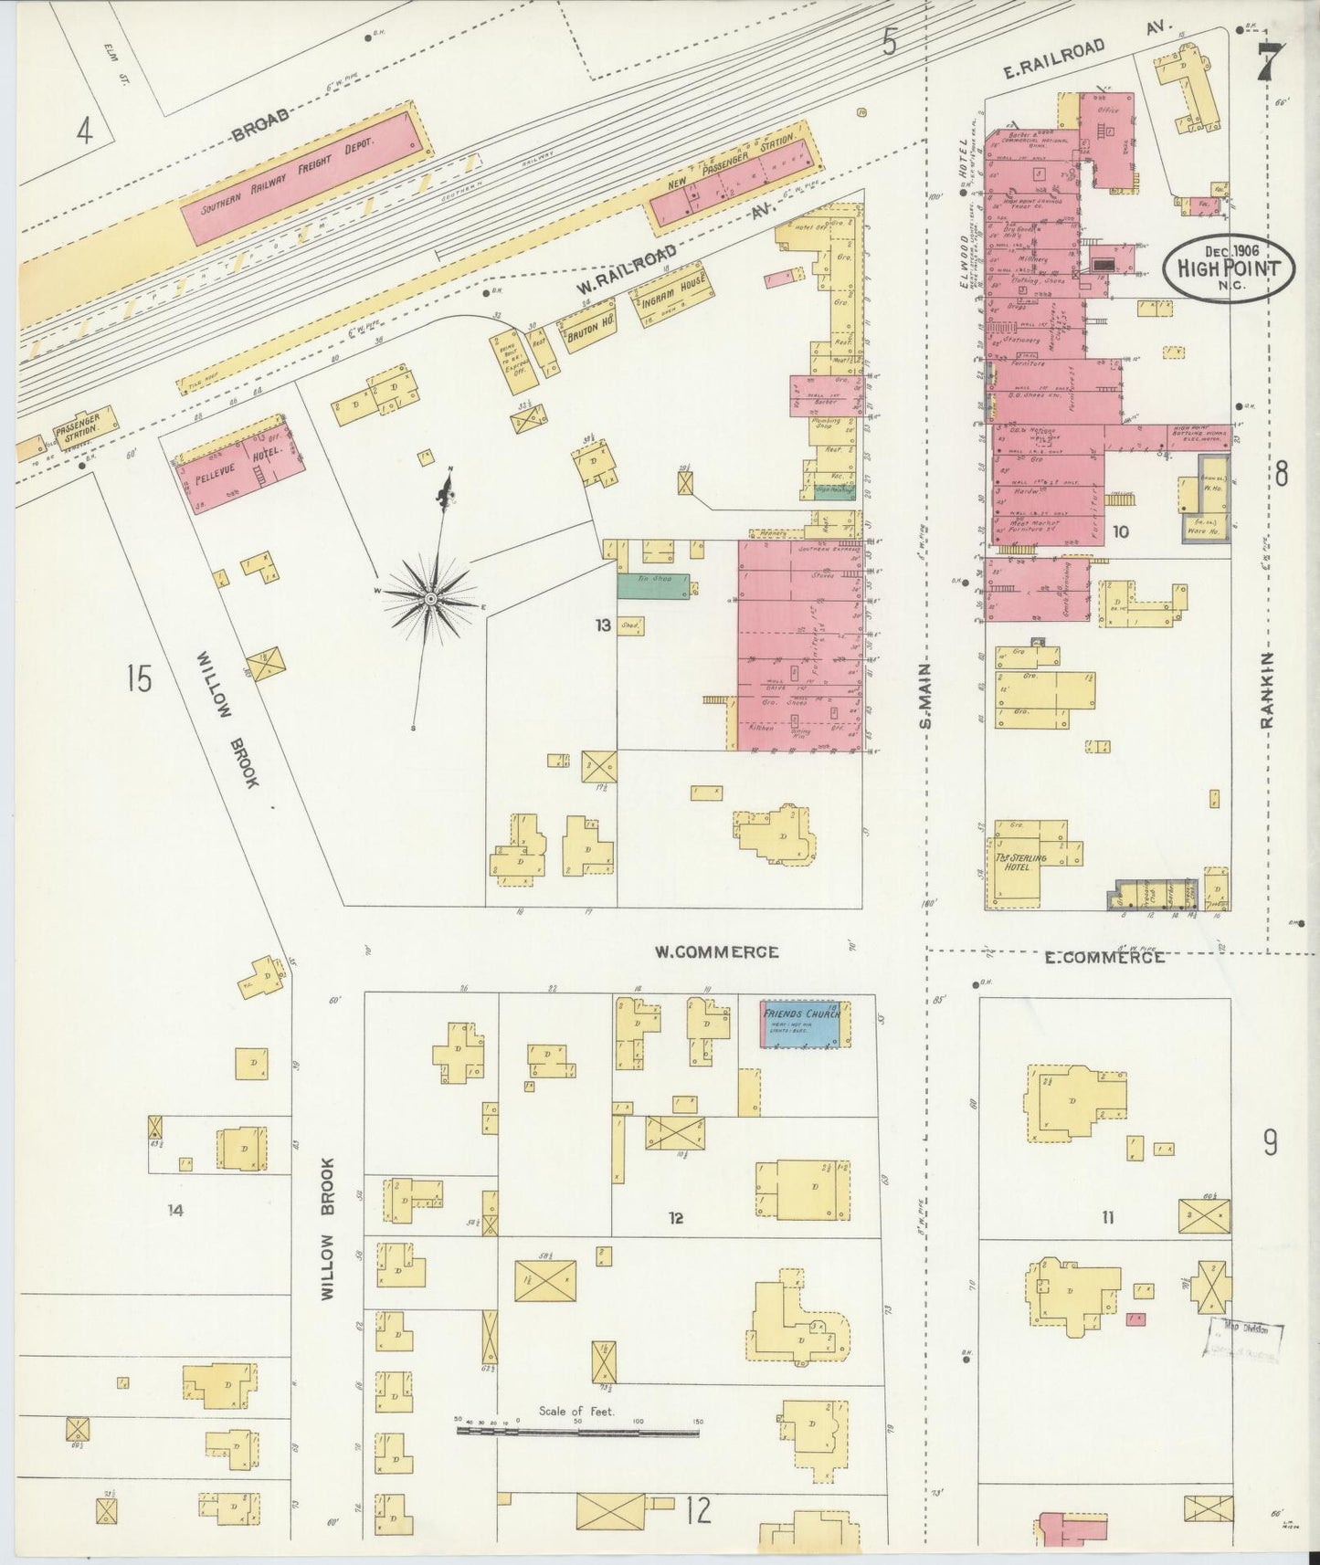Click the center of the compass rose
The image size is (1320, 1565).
pyautogui.click(x=429, y=597)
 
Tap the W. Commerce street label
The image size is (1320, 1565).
pyautogui.click(x=716, y=952)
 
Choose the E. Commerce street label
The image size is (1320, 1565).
pyautogui.click(x=1104, y=958)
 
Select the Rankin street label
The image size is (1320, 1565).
pyautogui.click(x=1268, y=690)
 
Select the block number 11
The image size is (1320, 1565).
pyautogui.click(x=1108, y=1216)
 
